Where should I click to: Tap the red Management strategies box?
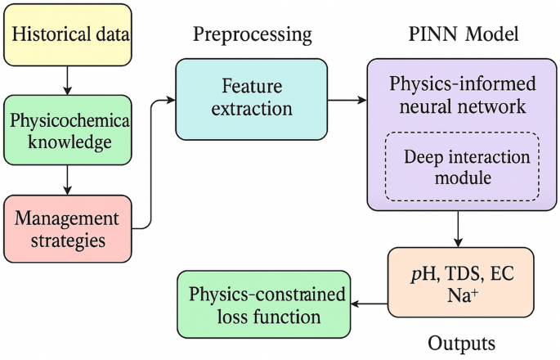pos(67,230)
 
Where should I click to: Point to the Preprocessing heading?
pos(252,34)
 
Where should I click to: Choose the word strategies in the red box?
pos(68,241)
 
